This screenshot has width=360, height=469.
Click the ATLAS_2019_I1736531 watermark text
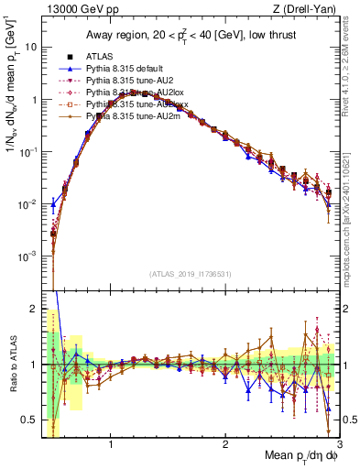[x=190, y=274]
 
